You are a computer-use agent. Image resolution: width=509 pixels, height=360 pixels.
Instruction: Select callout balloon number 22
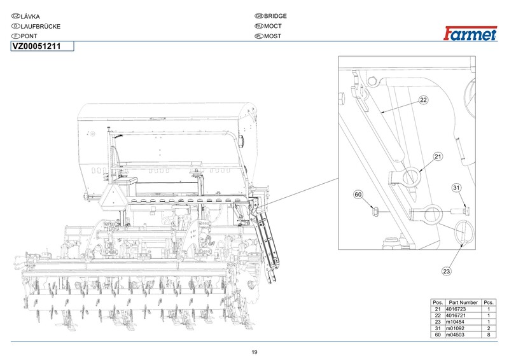pyautogui.click(x=424, y=99)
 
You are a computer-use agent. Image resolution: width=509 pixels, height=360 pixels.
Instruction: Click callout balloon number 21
pyautogui.click(x=438, y=156)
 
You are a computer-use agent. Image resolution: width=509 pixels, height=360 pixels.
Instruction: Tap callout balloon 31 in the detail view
pyautogui.click(x=456, y=187)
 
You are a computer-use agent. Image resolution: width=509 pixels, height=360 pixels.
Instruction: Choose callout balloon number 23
pyautogui.click(x=446, y=272)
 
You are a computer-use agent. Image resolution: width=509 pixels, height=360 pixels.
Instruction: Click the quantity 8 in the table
pyautogui.click(x=489, y=335)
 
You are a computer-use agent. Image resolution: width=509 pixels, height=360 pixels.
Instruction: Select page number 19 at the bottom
pyautogui.click(x=254, y=352)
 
